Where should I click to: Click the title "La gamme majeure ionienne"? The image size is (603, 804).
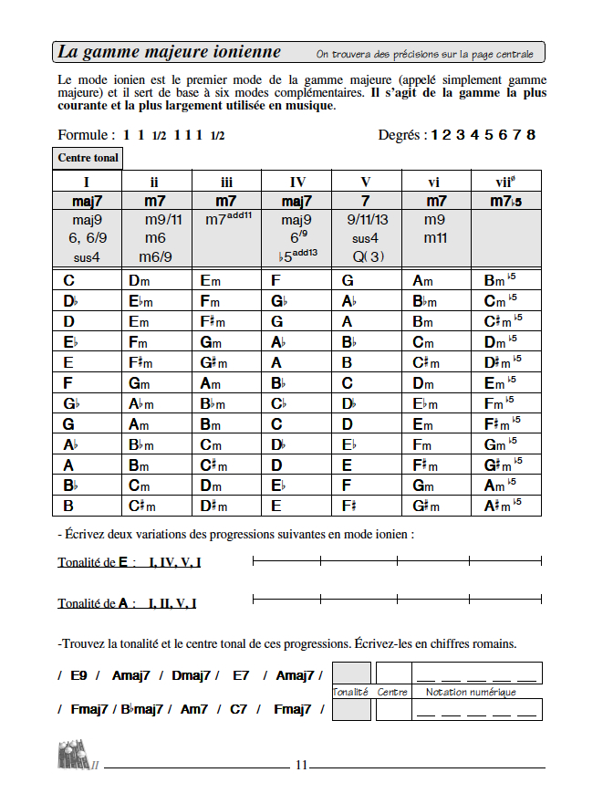(x=170, y=52)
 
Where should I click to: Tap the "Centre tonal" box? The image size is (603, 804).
(x=88, y=158)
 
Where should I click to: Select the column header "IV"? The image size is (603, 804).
(x=296, y=182)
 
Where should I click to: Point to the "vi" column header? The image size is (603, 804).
(x=437, y=182)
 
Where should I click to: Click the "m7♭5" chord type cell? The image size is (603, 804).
(x=506, y=201)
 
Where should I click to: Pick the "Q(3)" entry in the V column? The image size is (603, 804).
(x=367, y=256)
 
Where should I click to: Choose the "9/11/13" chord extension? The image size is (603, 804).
(x=367, y=220)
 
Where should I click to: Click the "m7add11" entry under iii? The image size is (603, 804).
(x=227, y=220)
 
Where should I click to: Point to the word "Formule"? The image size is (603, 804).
(x=85, y=135)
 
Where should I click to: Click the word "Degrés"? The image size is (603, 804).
(x=401, y=135)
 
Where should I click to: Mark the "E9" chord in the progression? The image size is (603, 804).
(x=79, y=675)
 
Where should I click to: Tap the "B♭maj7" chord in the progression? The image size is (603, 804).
(x=142, y=709)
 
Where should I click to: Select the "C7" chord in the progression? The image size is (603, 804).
(x=239, y=709)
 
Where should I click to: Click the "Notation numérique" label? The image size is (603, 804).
(x=471, y=692)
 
